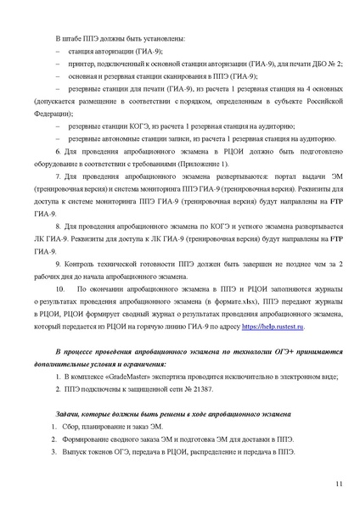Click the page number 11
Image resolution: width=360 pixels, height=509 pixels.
pyautogui.click(x=339, y=484)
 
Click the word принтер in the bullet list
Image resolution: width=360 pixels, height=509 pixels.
pyautogui.click(x=80, y=63)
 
